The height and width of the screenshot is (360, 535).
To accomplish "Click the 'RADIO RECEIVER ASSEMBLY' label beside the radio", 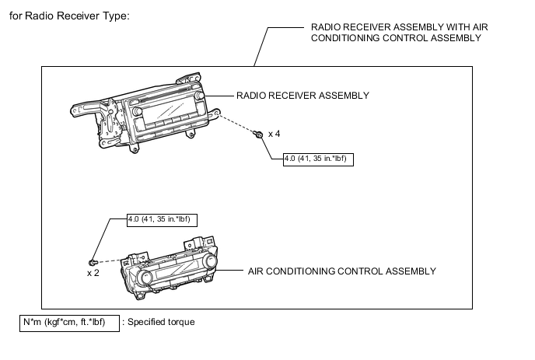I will (302, 96).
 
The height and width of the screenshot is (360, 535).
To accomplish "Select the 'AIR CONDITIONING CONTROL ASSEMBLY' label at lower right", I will (341, 271).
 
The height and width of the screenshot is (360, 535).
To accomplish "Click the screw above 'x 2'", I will (93, 262).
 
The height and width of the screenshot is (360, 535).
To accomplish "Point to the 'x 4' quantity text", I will (274, 135).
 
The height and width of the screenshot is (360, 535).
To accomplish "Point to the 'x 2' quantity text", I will (93, 274).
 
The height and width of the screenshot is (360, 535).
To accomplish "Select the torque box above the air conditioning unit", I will (163, 219).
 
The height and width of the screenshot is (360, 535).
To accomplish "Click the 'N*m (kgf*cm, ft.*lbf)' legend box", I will (69, 322).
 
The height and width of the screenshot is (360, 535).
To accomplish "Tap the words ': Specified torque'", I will (161, 322).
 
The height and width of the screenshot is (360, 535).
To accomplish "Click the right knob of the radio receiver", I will (201, 96).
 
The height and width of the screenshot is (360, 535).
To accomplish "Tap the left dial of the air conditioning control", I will (147, 278).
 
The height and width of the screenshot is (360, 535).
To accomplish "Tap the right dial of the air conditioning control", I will (210, 267).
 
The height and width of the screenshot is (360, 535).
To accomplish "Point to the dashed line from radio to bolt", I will (237, 125).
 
